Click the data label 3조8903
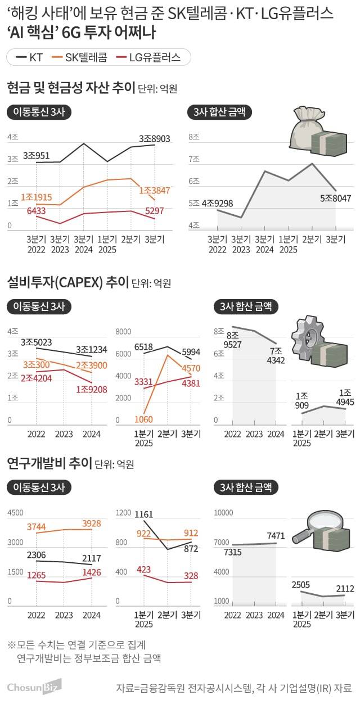155,138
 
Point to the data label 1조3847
155,191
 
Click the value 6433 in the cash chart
38,210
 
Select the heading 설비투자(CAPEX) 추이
67,281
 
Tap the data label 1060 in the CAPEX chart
144,419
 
